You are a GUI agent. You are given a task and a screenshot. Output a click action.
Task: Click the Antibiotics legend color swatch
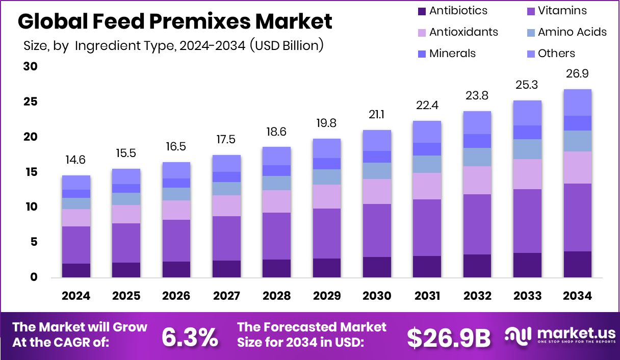[x=421, y=11]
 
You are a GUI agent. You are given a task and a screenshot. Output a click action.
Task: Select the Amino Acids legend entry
[x=572, y=32]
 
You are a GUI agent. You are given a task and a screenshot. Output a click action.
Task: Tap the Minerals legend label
[x=452, y=54]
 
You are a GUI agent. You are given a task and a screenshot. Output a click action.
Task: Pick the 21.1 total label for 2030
[x=377, y=115]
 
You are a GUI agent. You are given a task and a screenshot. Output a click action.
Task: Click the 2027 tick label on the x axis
[x=226, y=296]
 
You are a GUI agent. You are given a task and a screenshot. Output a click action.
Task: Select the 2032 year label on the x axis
[x=477, y=296]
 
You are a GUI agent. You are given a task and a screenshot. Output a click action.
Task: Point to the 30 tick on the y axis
[x=32, y=67]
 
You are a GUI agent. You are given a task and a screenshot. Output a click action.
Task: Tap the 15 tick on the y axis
[x=32, y=172]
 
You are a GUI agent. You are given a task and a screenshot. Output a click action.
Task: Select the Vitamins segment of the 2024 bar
[x=76, y=245]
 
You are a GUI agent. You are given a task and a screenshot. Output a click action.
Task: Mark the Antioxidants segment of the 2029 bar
[x=326, y=196]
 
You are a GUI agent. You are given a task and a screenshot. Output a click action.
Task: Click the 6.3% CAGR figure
[x=190, y=337]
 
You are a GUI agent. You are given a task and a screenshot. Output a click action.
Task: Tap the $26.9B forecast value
[x=448, y=337]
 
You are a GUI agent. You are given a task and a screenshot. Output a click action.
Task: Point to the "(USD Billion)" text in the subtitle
[x=287, y=45]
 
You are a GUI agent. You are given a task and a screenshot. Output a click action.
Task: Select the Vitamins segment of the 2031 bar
[x=427, y=227]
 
